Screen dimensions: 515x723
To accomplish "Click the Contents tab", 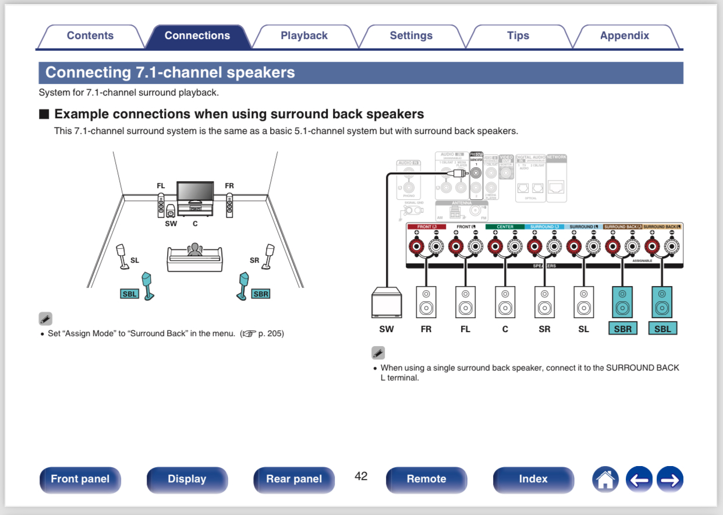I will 90,36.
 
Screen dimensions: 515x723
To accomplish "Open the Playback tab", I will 304,36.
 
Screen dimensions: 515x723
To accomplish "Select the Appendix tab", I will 624,36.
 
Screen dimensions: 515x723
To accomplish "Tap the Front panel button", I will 80,479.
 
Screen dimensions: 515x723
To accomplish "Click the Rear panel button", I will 294,479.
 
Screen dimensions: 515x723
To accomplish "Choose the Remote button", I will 426,479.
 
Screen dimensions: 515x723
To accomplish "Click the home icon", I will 605,479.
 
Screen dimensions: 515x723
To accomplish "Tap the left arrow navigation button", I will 639,479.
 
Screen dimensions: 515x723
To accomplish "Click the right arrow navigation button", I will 669,479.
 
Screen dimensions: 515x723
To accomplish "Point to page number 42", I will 361,476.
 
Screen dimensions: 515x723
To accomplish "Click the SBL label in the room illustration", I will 129,294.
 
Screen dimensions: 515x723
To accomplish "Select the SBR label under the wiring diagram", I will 623,329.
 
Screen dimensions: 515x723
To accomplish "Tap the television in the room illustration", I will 195,191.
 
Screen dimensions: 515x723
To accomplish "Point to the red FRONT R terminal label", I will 427,227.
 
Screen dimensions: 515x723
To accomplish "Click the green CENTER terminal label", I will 505,227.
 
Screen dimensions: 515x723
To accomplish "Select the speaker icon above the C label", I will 505,302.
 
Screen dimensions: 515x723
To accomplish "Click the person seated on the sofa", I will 194,250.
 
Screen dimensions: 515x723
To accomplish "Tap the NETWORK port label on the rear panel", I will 556,157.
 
